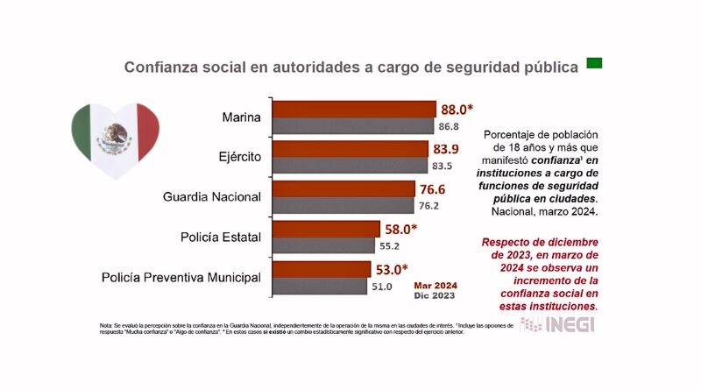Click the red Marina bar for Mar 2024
pos(355,109)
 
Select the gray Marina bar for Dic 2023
pos(353,125)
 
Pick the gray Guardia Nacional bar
pos(343,206)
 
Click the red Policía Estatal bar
pos(327,229)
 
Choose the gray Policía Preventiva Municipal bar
pos(320,286)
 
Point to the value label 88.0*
pos(457,110)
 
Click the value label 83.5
pos(443,166)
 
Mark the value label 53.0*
pos(395,269)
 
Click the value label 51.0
pos(384,286)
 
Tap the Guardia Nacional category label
pos(213,197)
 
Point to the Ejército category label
pos(238,158)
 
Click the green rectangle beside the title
pos(594,63)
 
